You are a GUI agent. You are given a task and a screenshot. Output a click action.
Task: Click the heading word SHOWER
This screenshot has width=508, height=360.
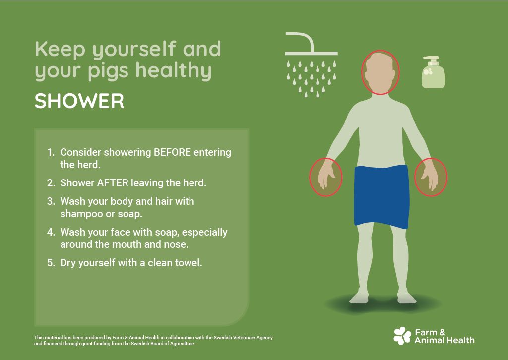click(x=79, y=101)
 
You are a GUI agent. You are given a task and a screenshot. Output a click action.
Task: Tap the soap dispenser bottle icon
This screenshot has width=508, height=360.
click(x=433, y=72)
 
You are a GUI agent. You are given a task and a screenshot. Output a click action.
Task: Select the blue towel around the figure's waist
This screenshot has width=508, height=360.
click(x=381, y=196)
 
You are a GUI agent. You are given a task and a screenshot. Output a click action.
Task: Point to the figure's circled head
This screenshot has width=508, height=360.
click(x=380, y=72)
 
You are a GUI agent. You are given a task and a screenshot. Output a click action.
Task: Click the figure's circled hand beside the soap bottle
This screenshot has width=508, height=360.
click(x=431, y=177)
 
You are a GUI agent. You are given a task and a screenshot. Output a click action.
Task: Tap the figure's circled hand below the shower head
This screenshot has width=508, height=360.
click(x=325, y=177)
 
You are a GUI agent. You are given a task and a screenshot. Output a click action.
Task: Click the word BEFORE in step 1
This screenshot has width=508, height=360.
click(x=172, y=152)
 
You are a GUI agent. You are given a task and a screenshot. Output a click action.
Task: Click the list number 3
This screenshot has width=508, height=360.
click(x=51, y=201)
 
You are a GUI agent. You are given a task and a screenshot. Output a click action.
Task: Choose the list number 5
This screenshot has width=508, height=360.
click(x=51, y=262)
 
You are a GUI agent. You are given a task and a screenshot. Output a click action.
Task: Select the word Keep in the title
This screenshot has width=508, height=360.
click(x=60, y=50)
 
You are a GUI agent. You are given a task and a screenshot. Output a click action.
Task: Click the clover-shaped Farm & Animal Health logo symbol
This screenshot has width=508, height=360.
click(x=402, y=336)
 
